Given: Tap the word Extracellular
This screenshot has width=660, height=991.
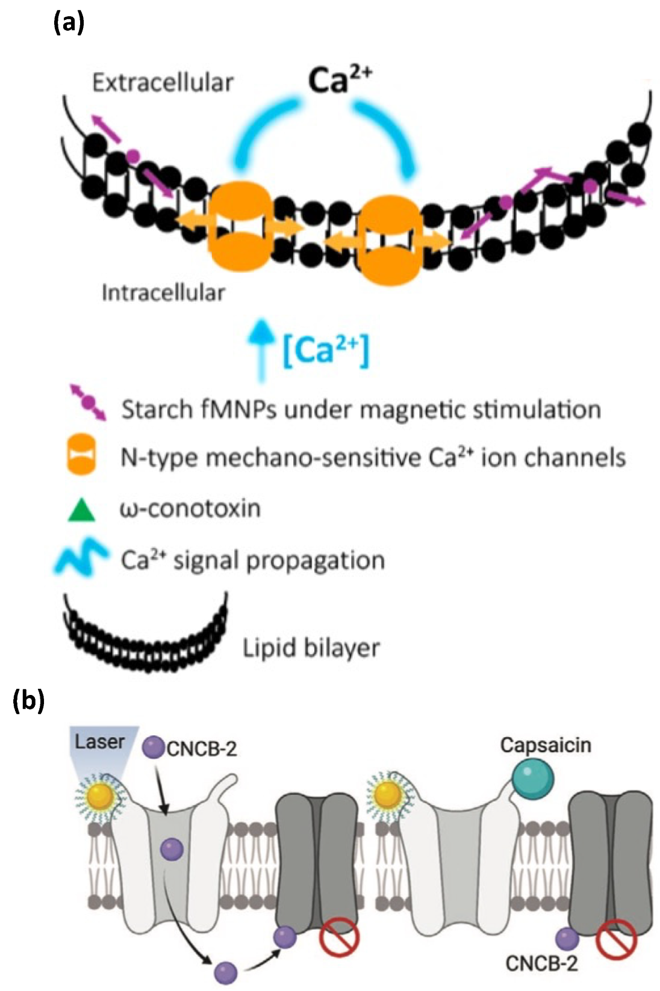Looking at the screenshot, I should coord(163,82).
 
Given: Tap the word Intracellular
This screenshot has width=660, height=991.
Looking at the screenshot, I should coord(163,292).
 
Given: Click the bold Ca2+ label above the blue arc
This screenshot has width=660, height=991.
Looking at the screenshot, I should coord(338,80).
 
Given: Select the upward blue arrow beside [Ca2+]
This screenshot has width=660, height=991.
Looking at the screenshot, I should coord(261,349).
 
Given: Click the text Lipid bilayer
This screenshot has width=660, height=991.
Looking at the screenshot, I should coord(311,648).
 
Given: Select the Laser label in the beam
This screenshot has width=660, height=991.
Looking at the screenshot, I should coord(99,741).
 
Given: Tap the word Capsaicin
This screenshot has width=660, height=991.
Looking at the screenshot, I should coord(545,745).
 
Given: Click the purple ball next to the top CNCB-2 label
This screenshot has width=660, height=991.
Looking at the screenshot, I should coord(153,748).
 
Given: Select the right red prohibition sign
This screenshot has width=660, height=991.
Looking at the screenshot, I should coord(617,939).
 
